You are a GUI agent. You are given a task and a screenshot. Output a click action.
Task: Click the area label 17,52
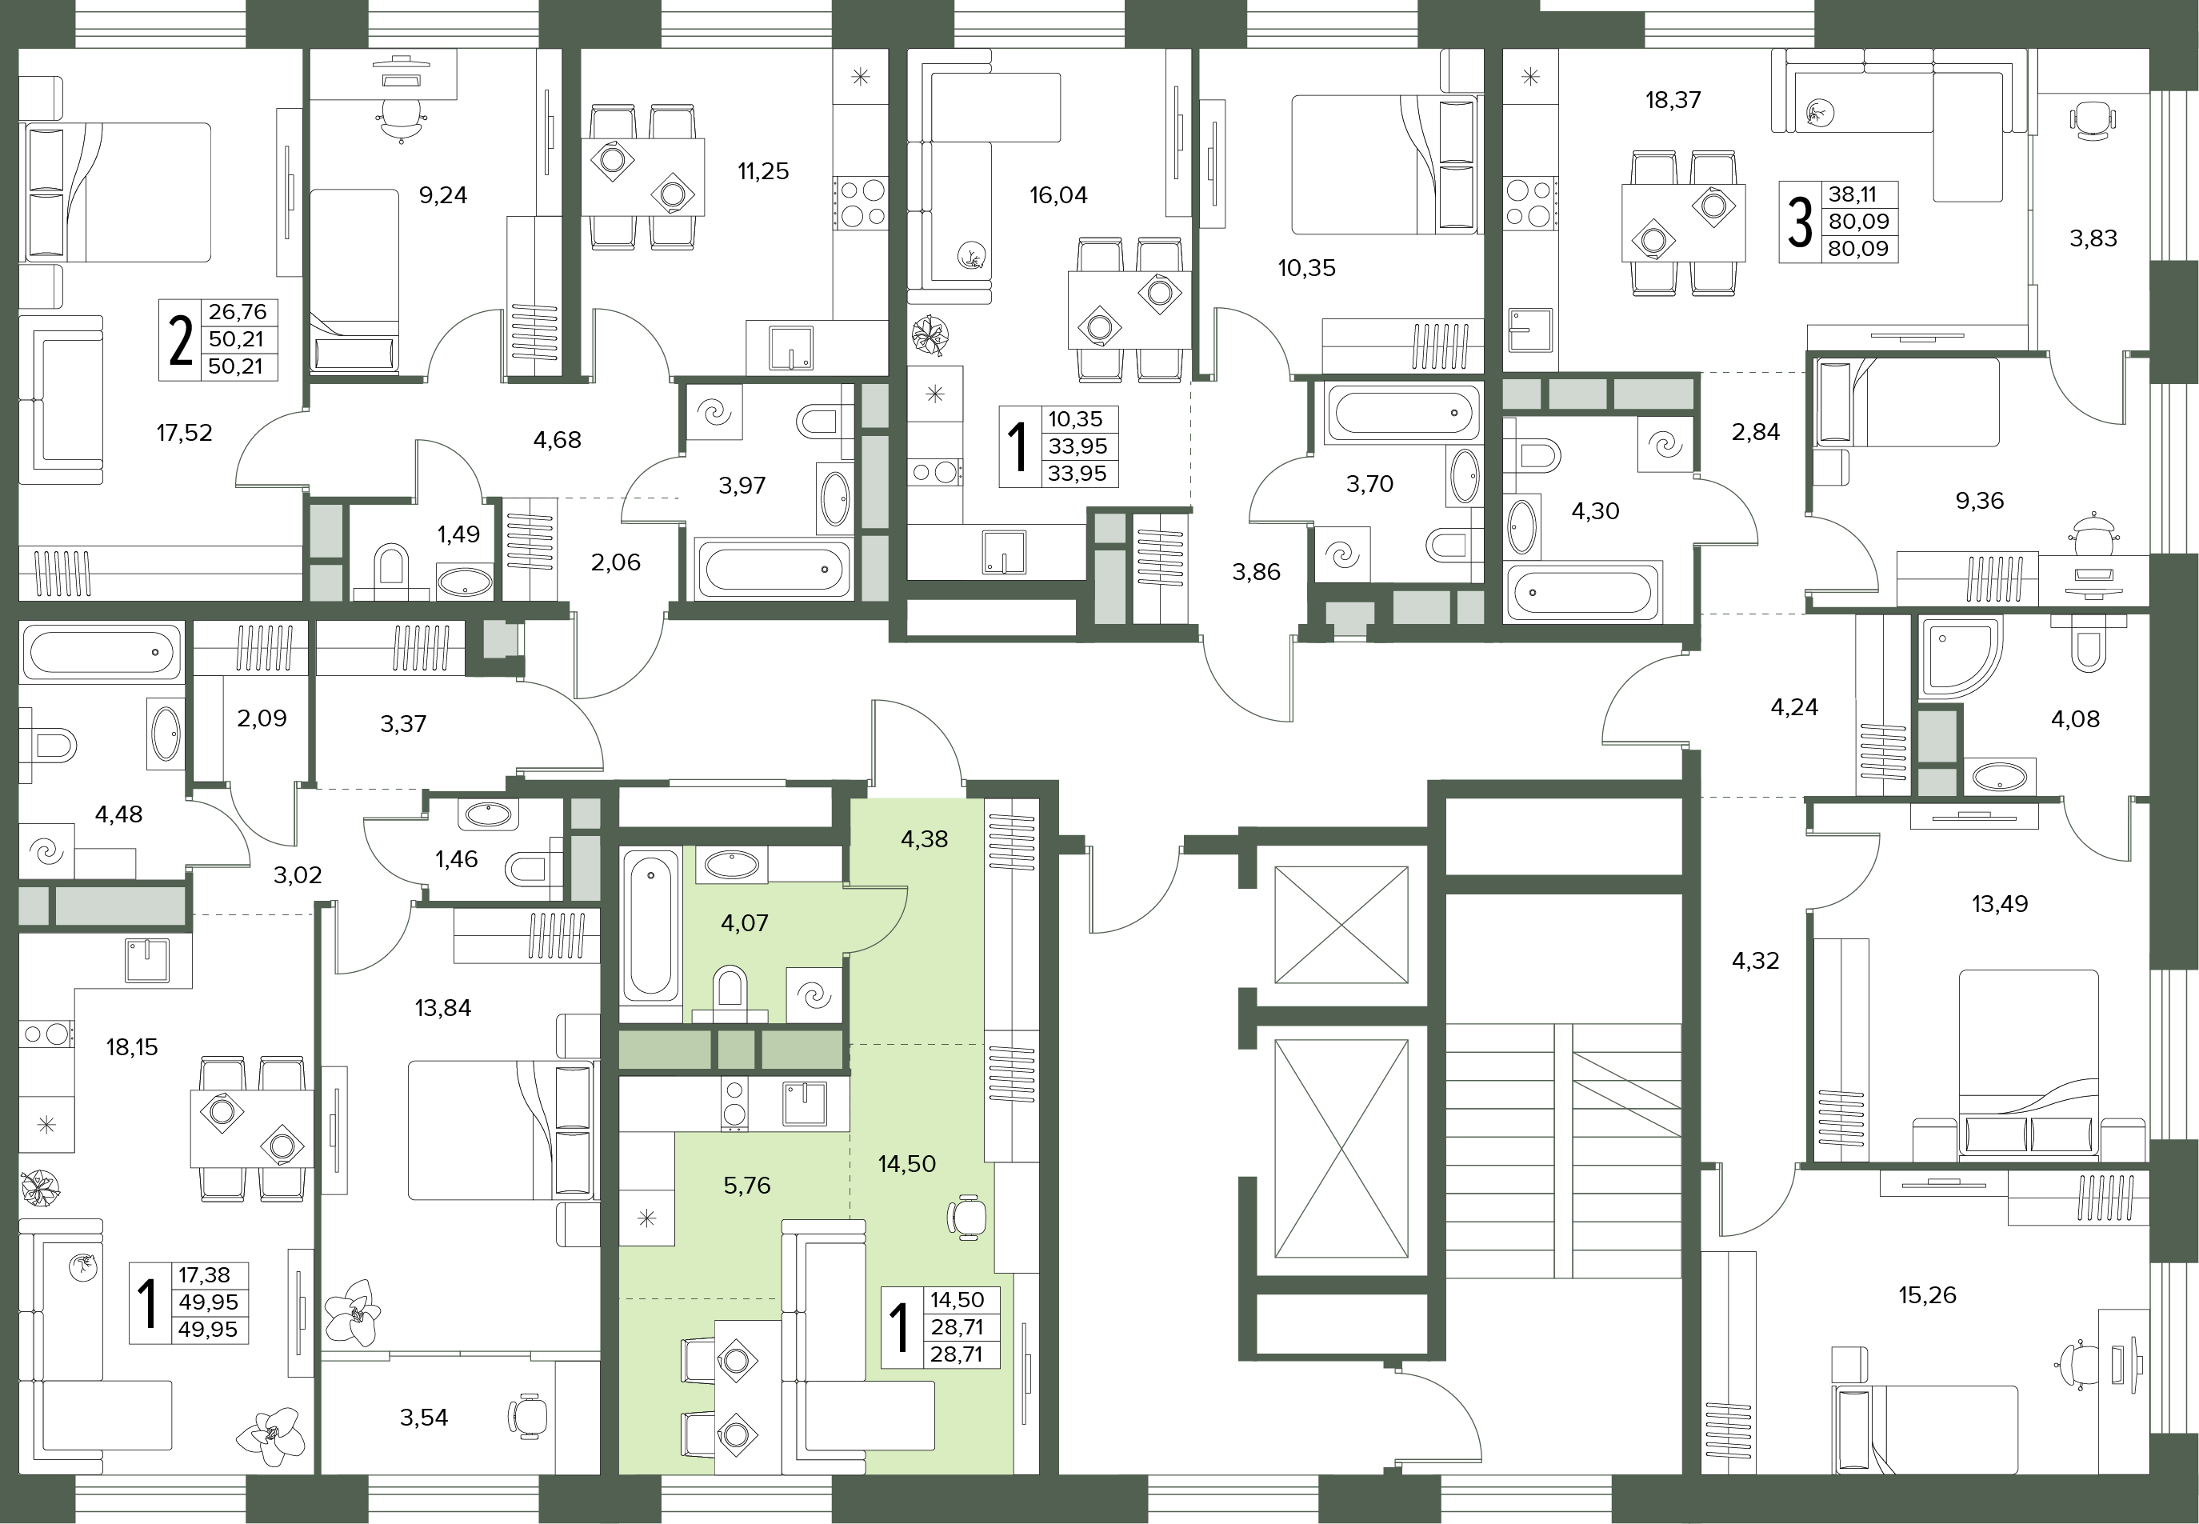[184, 434]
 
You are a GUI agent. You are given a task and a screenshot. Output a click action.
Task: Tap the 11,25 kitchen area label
[763, 172]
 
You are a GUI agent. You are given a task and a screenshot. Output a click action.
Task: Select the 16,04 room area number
[1058, 196]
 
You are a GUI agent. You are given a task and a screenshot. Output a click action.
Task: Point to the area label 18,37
[1673, 100]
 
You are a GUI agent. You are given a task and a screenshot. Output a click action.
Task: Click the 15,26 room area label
[1927, 1296]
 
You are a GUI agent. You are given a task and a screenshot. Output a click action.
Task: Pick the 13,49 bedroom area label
[2000, 903]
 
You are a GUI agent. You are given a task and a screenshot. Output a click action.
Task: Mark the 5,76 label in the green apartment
[746, 1186]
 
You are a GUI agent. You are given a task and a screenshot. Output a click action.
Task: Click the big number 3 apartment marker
[1800, 222]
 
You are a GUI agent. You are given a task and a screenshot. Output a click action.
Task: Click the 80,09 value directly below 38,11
[1858, 222]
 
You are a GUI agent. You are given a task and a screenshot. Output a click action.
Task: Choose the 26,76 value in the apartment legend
[237, 312]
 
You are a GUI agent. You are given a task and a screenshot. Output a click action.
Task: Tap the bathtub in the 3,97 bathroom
[774, 570]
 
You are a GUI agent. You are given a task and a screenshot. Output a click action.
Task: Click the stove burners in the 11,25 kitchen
[860, 202]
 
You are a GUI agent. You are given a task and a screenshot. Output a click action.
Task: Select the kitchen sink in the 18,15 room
[147, 962]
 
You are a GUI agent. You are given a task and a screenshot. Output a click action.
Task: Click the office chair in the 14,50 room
[966, 1218]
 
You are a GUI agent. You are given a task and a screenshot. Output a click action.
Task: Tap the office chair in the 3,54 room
[528, 1414]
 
